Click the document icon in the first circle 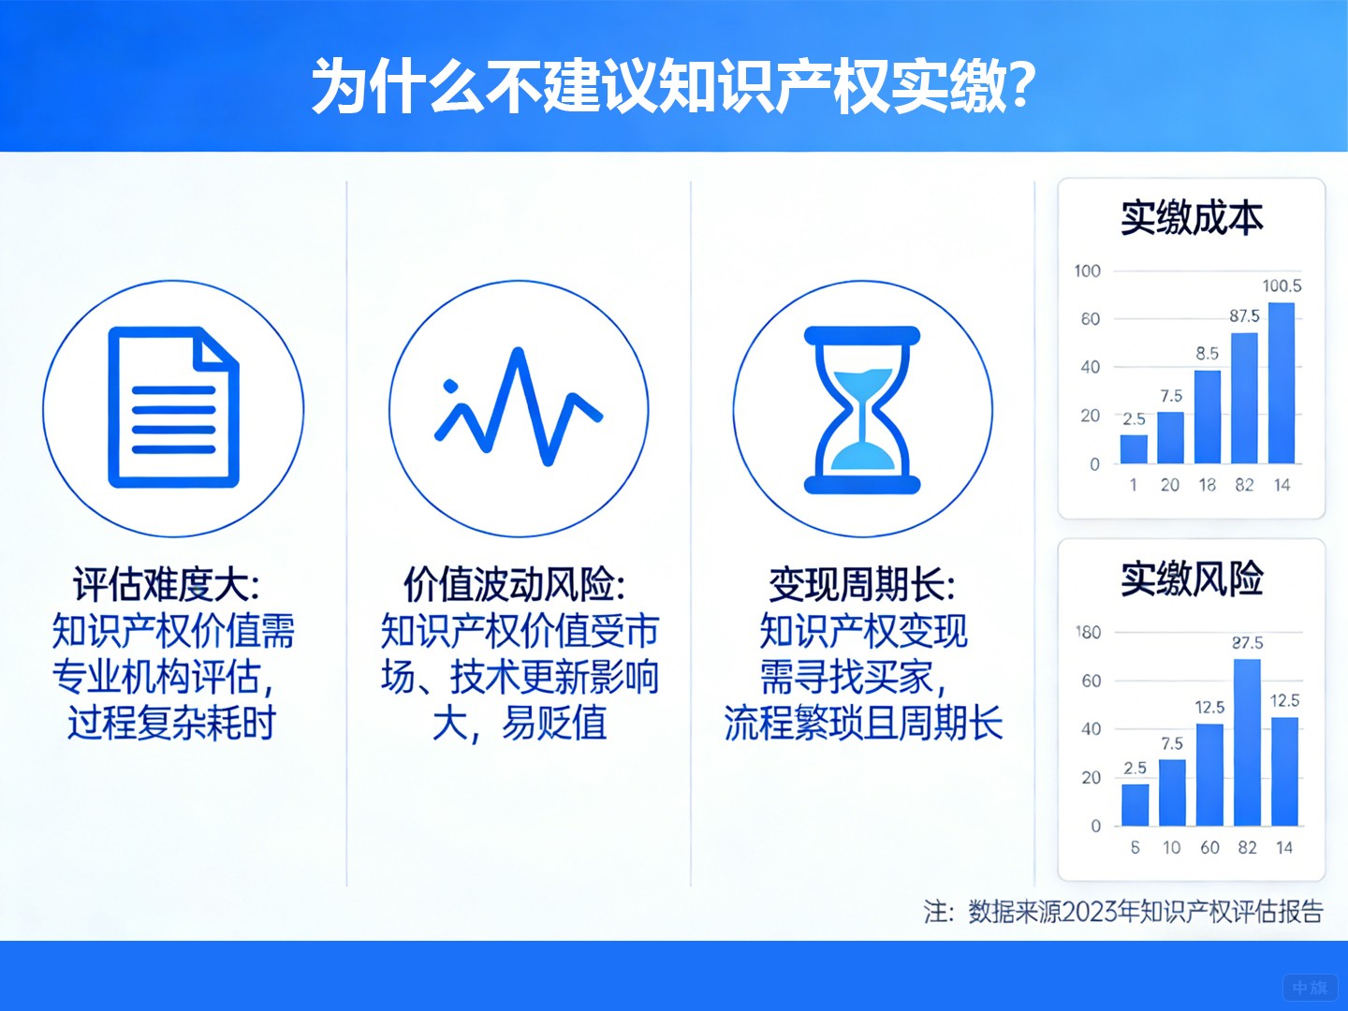coord(173,407)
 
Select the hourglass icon coord(862,409)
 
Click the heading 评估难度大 coord(167,585)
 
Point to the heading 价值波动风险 coord(514,585)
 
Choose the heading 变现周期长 coord(862,585)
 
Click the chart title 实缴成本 coord(1192,217)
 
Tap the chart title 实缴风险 coord(1192,579)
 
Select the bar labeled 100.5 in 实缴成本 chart coord(1282,383)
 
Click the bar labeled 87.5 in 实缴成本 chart coord(1244,398)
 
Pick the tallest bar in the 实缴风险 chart coord(1247,742)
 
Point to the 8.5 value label coord(1208,354)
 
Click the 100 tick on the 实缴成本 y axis coord(1087,271)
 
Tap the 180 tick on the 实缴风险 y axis coord(1088,633)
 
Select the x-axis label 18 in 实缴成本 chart coord(1208,485)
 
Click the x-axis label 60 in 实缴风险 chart coord(1209,847)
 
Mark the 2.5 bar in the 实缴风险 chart coord(1135,804)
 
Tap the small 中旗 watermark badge coord(1310,988)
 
